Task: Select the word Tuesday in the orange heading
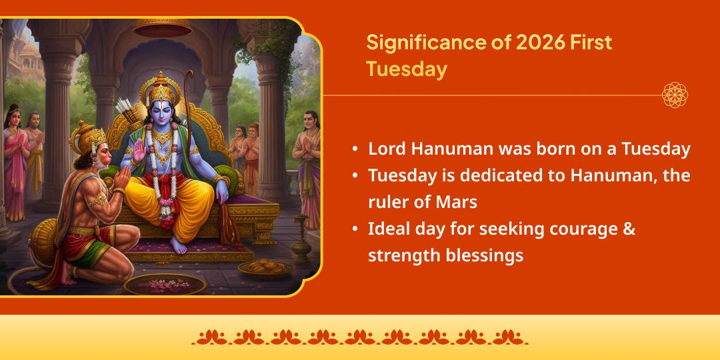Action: (x=406, y=69)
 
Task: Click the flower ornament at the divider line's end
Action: (x=675, y=95)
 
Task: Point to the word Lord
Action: (x=386, y=148)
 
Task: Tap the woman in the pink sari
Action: (x=15, y=160)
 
